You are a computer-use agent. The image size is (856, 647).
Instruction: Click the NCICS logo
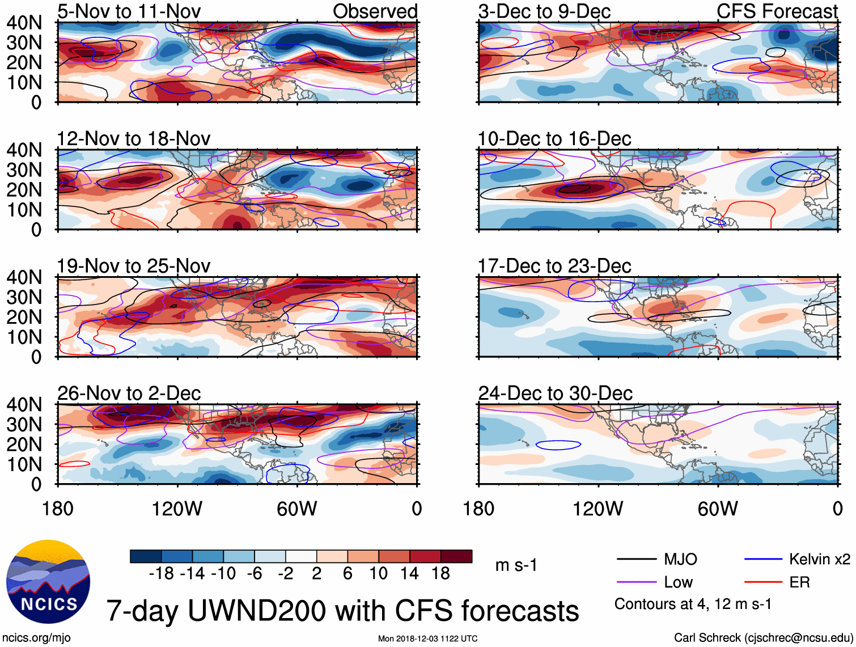[x=48, y=582]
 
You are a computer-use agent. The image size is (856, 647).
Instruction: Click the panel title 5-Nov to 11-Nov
[x=129, y=11]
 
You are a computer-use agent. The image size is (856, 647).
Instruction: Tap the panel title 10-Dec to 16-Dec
[x=554, y=139]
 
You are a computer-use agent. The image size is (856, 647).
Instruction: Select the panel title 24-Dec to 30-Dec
[x=555, y=394]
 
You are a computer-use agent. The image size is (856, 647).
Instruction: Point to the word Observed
[x=375, y=11]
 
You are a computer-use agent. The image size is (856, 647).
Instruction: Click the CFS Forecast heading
[x=777, y=11]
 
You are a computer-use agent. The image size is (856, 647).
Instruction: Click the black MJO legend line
[x=636, y=560]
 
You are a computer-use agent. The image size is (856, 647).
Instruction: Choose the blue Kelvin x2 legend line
[x=763, y=560]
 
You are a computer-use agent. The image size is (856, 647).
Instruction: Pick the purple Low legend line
[x=636, y=582]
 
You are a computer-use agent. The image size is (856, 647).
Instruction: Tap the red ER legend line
[x=763, y=582]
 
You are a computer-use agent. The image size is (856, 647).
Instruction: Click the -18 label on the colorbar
[x=161, y=574]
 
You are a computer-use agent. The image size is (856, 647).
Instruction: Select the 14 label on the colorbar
[x=409, y=574]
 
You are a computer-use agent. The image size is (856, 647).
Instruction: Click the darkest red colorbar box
[x=456, y=556]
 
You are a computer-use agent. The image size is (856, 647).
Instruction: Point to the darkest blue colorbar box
[x=146, y=556]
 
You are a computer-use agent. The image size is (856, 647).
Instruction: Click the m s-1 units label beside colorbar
[x=516, y=565]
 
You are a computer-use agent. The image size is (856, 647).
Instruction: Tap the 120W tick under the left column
[x=177, y=509]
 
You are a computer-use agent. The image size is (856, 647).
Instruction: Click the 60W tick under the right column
[x=718, y=509]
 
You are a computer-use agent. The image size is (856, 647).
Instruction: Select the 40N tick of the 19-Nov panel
[x=24, y=277]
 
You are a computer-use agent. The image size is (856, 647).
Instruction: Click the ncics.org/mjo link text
[x=36, y=638]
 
